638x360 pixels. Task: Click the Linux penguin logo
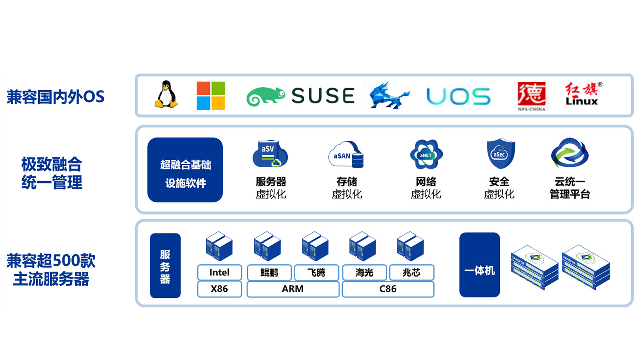pos(166,94)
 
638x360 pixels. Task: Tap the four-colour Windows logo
pos(211,96)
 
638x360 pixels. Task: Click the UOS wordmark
pos(458,97)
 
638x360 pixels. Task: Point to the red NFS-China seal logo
pos(531,95)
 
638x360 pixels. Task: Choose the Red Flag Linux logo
pos(582,94)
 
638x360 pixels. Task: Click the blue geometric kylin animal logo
pos(388,96)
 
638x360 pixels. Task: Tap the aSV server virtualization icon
pos(270,154)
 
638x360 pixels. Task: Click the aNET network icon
pos(426,154)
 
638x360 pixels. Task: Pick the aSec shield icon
pos(500,153)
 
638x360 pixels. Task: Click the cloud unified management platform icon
pos(570,153)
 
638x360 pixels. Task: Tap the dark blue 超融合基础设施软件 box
pos(185,170)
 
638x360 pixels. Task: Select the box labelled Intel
pos(219,272)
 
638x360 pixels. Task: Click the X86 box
pos(219,289)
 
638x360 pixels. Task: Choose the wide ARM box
pos(293,289)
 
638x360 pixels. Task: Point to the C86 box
pos(388,289)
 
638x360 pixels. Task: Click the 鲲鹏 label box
pos(269,272)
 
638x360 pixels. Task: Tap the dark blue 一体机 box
pos(479,265)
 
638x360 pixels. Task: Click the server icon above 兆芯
pos(410,246)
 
